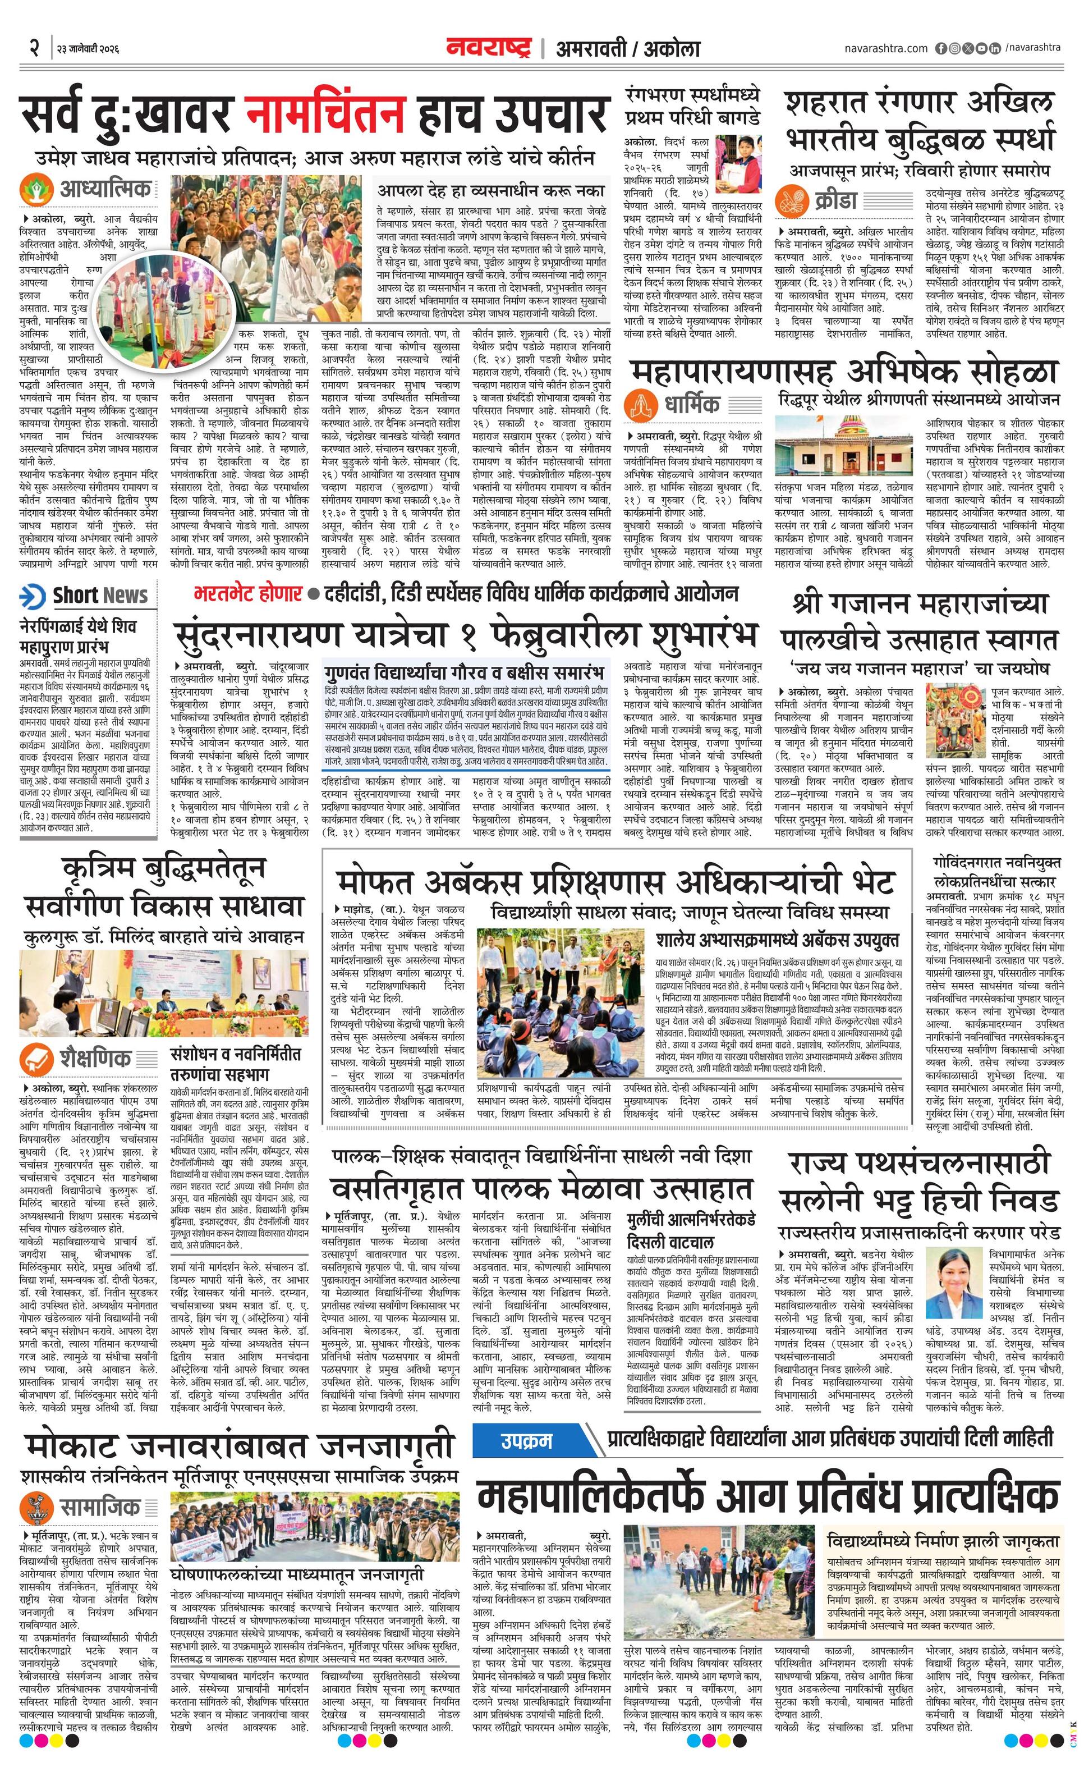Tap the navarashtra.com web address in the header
(885, 48)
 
